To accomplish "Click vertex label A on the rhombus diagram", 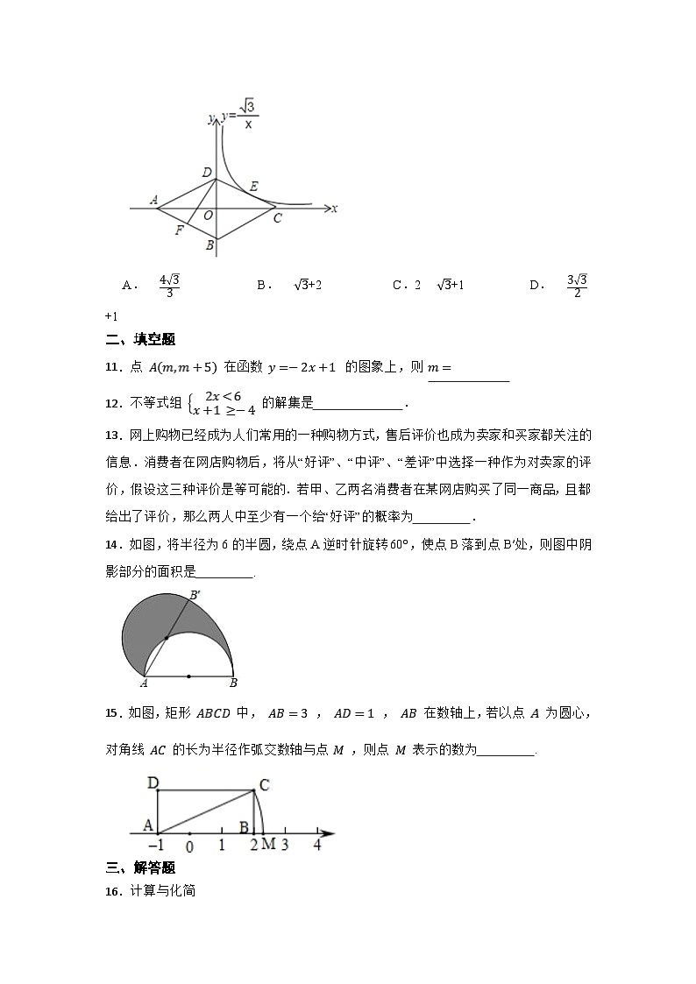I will [x=154, y=200].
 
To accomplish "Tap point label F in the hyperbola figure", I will [x=179, y=230].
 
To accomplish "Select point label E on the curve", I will [x=254, y=186].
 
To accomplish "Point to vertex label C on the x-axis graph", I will [x=277, y=218].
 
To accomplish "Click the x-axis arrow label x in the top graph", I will [x=335, y=209].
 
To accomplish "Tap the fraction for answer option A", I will [x=169, y=286].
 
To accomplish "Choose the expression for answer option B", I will [x=308, y=285].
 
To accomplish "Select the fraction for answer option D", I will [x=576, y=286].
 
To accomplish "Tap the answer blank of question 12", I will [x=359, y=405].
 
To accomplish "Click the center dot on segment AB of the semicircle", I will [x=189, y=676].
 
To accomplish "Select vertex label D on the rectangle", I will [x=153, y=782].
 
